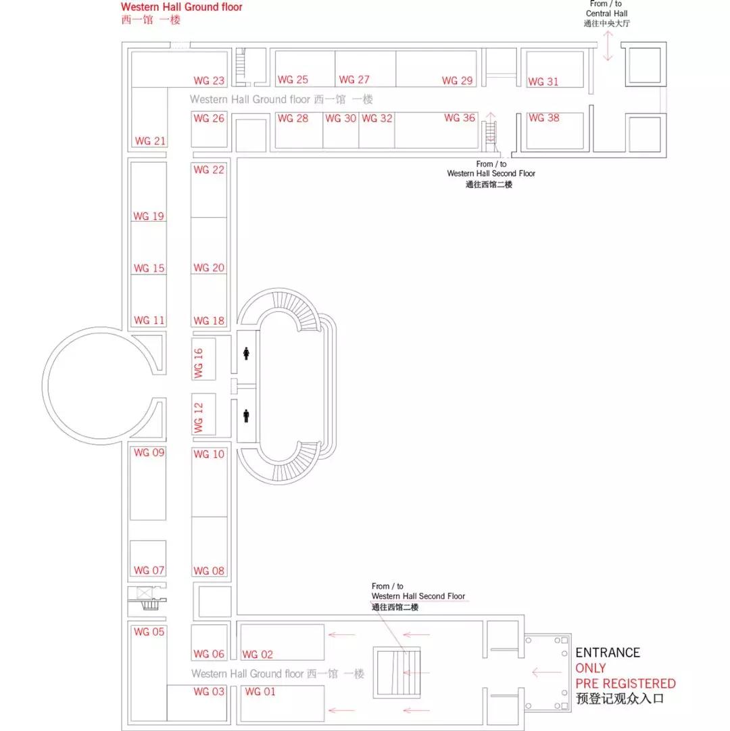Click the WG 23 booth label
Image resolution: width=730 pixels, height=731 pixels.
(x=209, y=80)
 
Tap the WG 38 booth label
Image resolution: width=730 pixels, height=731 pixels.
(x=543, y=118)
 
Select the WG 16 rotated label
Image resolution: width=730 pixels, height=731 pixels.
(x=199, y=363)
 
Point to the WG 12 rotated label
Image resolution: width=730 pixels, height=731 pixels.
(x=199, y=418)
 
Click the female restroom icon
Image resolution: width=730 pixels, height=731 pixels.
(x=246, y=354)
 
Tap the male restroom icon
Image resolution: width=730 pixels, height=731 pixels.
(x=246, y=415)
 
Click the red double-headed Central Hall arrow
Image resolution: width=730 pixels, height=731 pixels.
(x=608, y=46)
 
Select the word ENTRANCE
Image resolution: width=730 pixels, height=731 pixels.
(x=608, y=653)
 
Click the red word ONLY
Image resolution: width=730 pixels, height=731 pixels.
(x=590, y=668)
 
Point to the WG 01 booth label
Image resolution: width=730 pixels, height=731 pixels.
(x=260, y=692)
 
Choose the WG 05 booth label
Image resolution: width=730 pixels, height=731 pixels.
(x=149, y=632)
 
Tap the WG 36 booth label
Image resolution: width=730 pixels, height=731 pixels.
(x=460, y=118)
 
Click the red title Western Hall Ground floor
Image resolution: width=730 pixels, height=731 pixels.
(x=181, y=7)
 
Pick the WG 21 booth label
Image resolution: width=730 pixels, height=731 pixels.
(x=150, y=141)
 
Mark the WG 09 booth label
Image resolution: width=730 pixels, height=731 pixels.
(x=149, y=452)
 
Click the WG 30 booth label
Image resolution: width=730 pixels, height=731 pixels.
(x=341, y=118)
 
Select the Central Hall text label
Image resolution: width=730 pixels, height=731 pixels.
(x=606, y=14)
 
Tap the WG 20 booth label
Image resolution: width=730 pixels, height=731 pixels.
(x=209, y=268)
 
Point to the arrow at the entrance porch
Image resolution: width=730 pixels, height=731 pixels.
(x=546, y=671)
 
